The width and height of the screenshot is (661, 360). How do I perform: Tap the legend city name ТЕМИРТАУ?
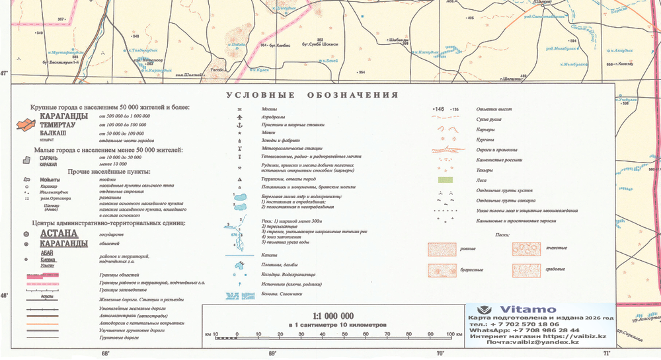tap(58, 124)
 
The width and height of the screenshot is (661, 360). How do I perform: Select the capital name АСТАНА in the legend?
tap(59, 233)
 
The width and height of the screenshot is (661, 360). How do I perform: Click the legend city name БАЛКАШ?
tap(54, 133)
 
